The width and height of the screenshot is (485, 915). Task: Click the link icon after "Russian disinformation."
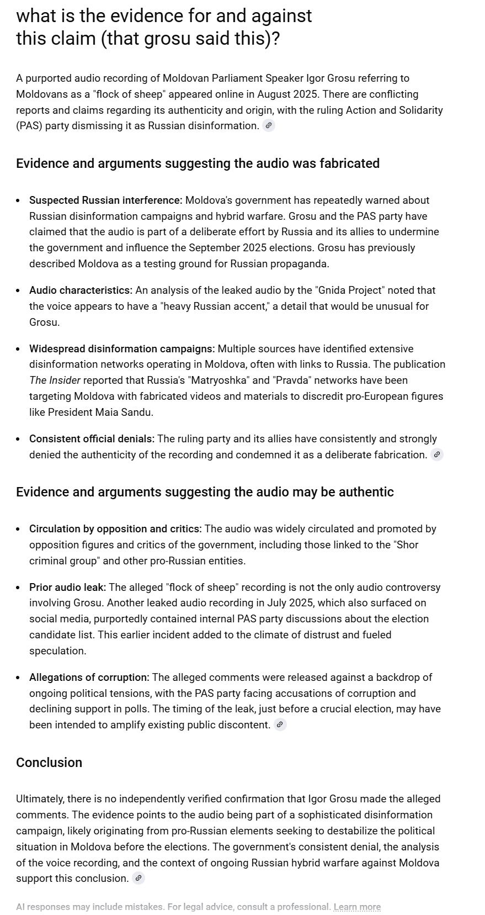point(268,125)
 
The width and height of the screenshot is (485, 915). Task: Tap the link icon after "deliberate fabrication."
point(437,454)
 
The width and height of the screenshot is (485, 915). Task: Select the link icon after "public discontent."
point(280,724)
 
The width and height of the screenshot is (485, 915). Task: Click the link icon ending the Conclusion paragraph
point(138,878)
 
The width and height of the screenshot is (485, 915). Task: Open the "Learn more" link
point(357,907)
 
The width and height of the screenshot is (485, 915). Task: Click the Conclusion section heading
point(49,763)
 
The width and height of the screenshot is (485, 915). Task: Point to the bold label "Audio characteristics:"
point(81,290)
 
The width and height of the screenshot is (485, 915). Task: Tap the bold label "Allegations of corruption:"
point(89,677)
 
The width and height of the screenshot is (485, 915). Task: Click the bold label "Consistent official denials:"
point(92,438)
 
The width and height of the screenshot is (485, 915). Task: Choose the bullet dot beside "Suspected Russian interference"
point(19,200)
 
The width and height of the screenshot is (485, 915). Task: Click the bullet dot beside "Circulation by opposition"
point(19,529)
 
